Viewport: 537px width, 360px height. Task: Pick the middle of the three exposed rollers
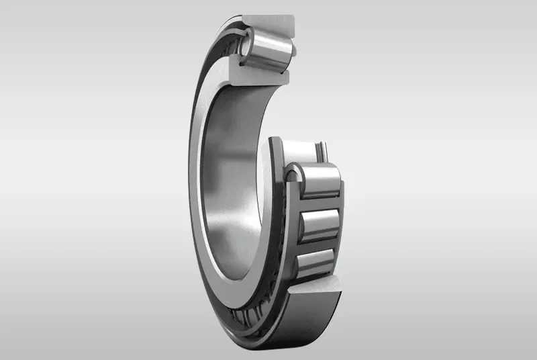click(x=319, y=225)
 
